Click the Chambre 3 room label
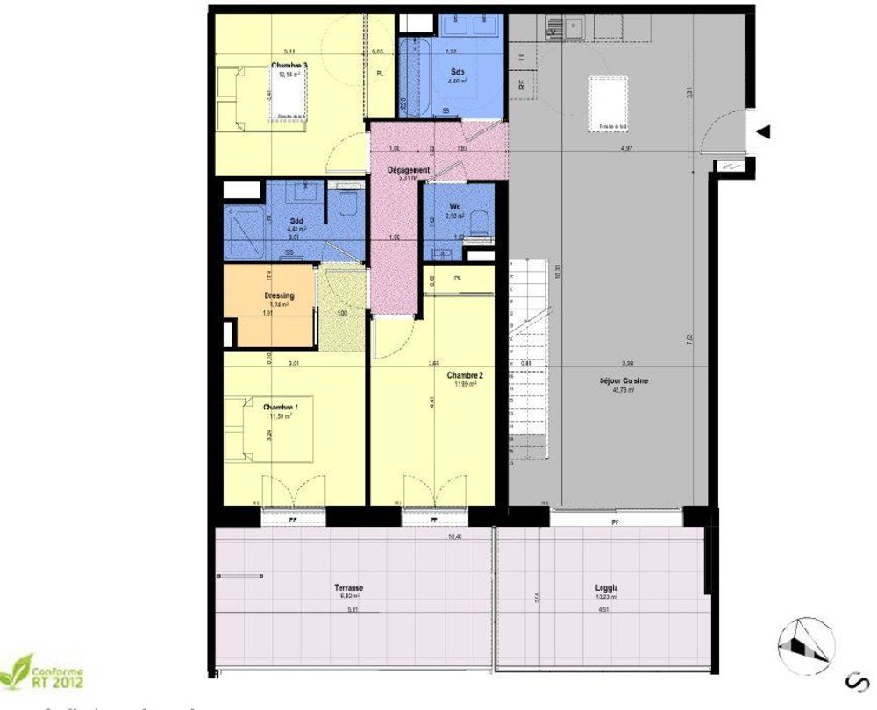click(289, 66)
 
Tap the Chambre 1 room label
click(282, 407)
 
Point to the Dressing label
click(279, 296)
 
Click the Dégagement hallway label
click(409, 170)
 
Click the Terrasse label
click(349, 588)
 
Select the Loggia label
click(605, 588)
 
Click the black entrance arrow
click(764, 131)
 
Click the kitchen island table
click(610, 103)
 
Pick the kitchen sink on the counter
click(575, 28)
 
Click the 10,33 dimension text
click(559, 273)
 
